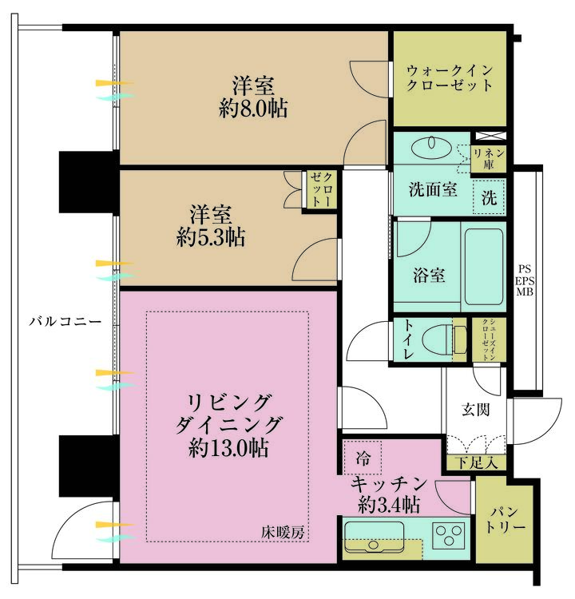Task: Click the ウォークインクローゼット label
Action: pyautogui.click(x=448, y=77)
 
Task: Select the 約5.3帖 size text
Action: pyautogui.click(x=211, y=237)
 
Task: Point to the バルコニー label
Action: pyautogui.click(x=65, y=322)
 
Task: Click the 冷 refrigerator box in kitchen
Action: pyautogui.click(x=363, y=458)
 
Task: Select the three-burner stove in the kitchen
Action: pyautogui.click(x=450, y=534)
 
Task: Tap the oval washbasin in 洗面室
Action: pyautogui.click(x=435, y=145)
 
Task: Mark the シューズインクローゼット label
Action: pyautogui.click(x=483, y=340)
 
